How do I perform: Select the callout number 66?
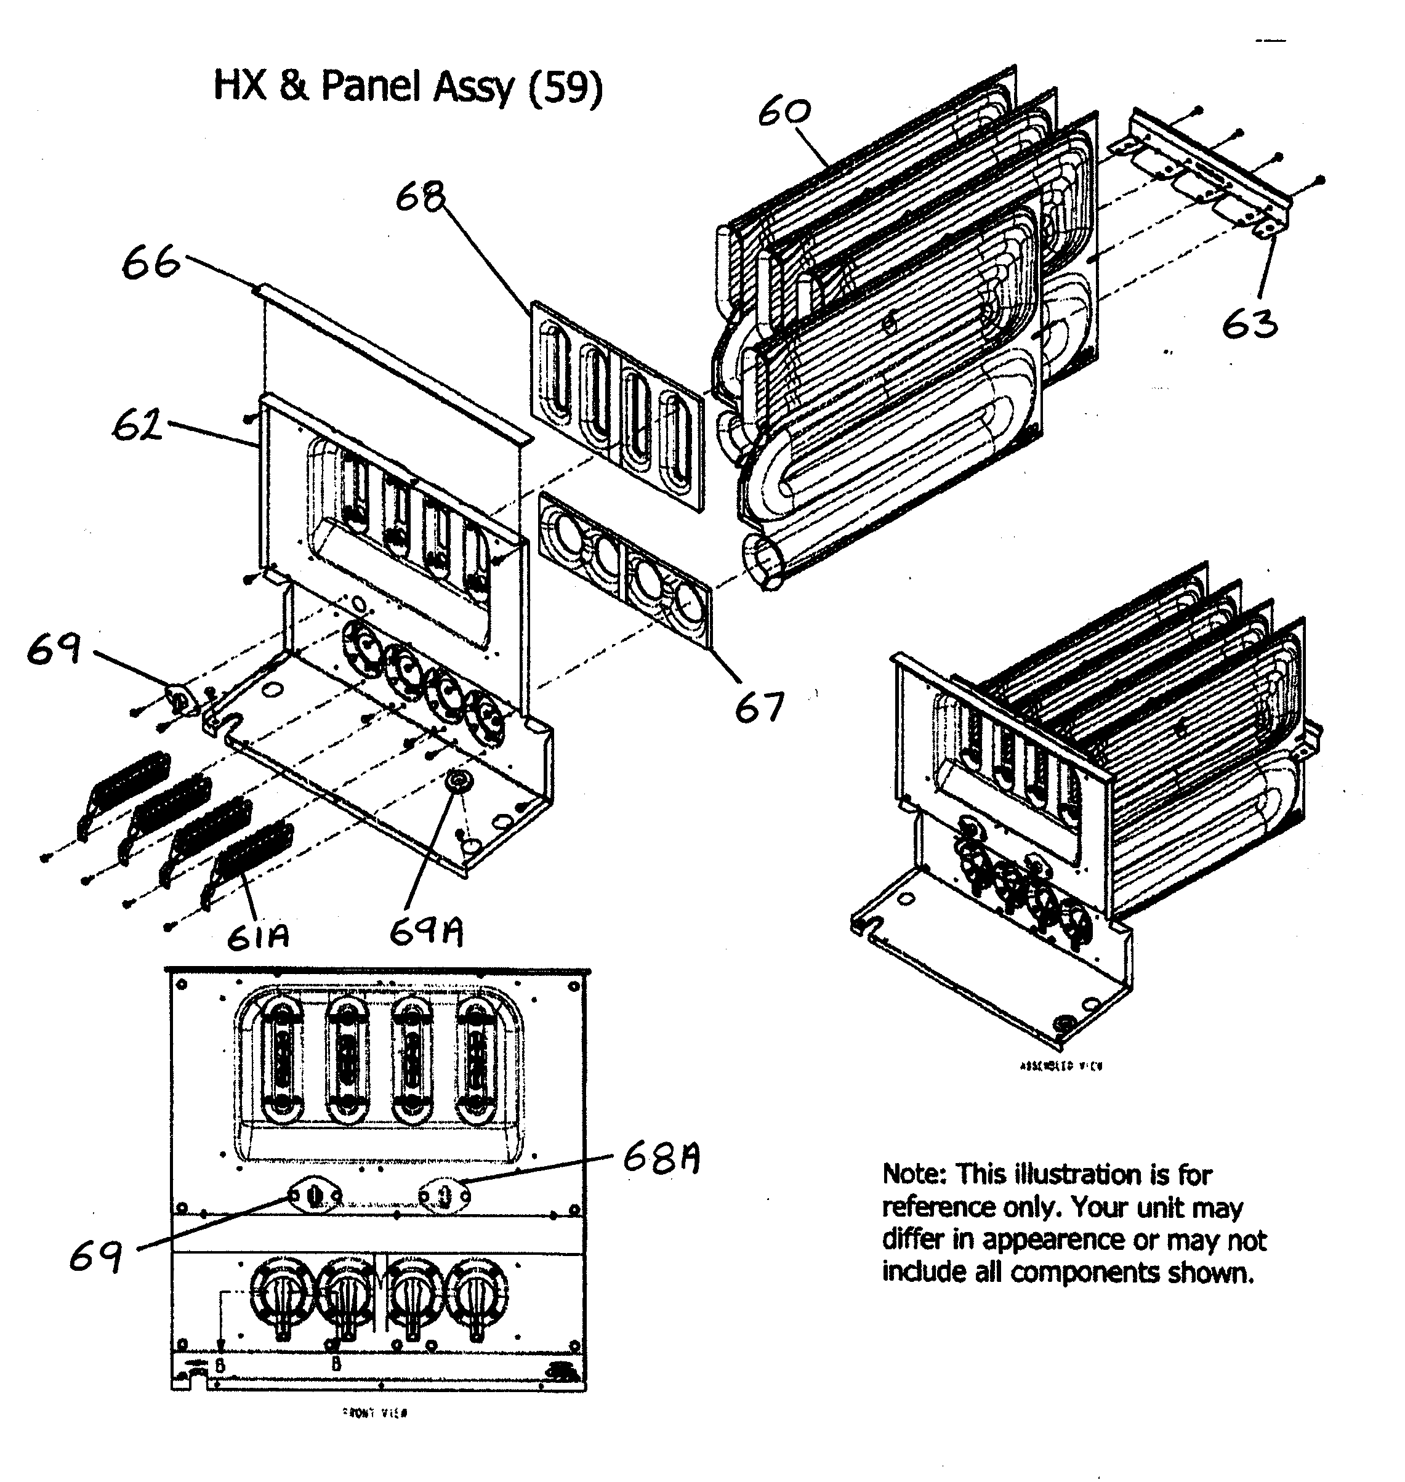(150, 264)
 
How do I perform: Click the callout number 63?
(1249, 323)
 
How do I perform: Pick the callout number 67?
(759, 707)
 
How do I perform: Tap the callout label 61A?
(257, 936)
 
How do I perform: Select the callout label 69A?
(425, 932)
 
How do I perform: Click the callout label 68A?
(661, 1160)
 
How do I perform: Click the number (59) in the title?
(565, 87)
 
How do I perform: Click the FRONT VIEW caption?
(374, 1413)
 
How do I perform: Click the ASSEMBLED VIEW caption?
(1061, 1066)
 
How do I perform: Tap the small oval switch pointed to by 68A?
(444, 1196)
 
